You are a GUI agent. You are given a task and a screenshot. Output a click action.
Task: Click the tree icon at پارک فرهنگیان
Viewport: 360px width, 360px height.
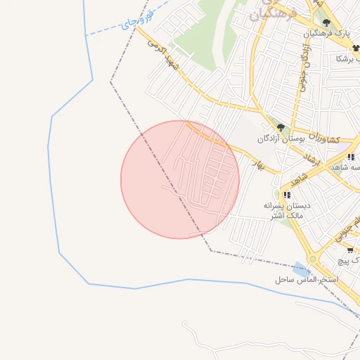(326, 22)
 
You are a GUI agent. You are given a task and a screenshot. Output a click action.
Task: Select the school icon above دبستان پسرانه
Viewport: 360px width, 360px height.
(287, 195)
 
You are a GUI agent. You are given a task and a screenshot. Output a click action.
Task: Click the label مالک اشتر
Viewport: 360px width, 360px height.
(286, 215)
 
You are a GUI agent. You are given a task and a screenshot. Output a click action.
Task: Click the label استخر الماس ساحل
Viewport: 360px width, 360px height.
(307, 280)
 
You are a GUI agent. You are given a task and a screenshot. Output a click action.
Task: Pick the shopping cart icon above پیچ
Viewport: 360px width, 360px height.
(350, 250)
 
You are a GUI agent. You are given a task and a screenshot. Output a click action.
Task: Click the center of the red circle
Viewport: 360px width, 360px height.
(180, 179)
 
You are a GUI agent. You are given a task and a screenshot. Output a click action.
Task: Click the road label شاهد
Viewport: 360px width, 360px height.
(290, 176)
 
